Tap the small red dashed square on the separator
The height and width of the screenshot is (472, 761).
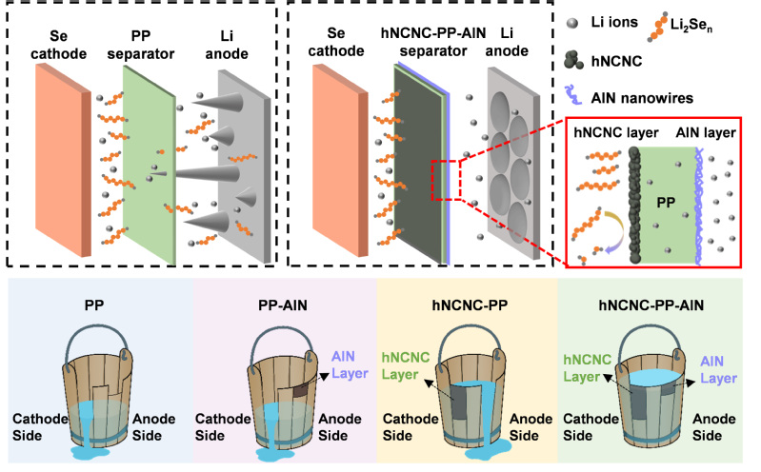click(x=448, y=174)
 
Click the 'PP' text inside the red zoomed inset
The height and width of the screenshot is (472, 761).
click(x=665, y=203)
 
